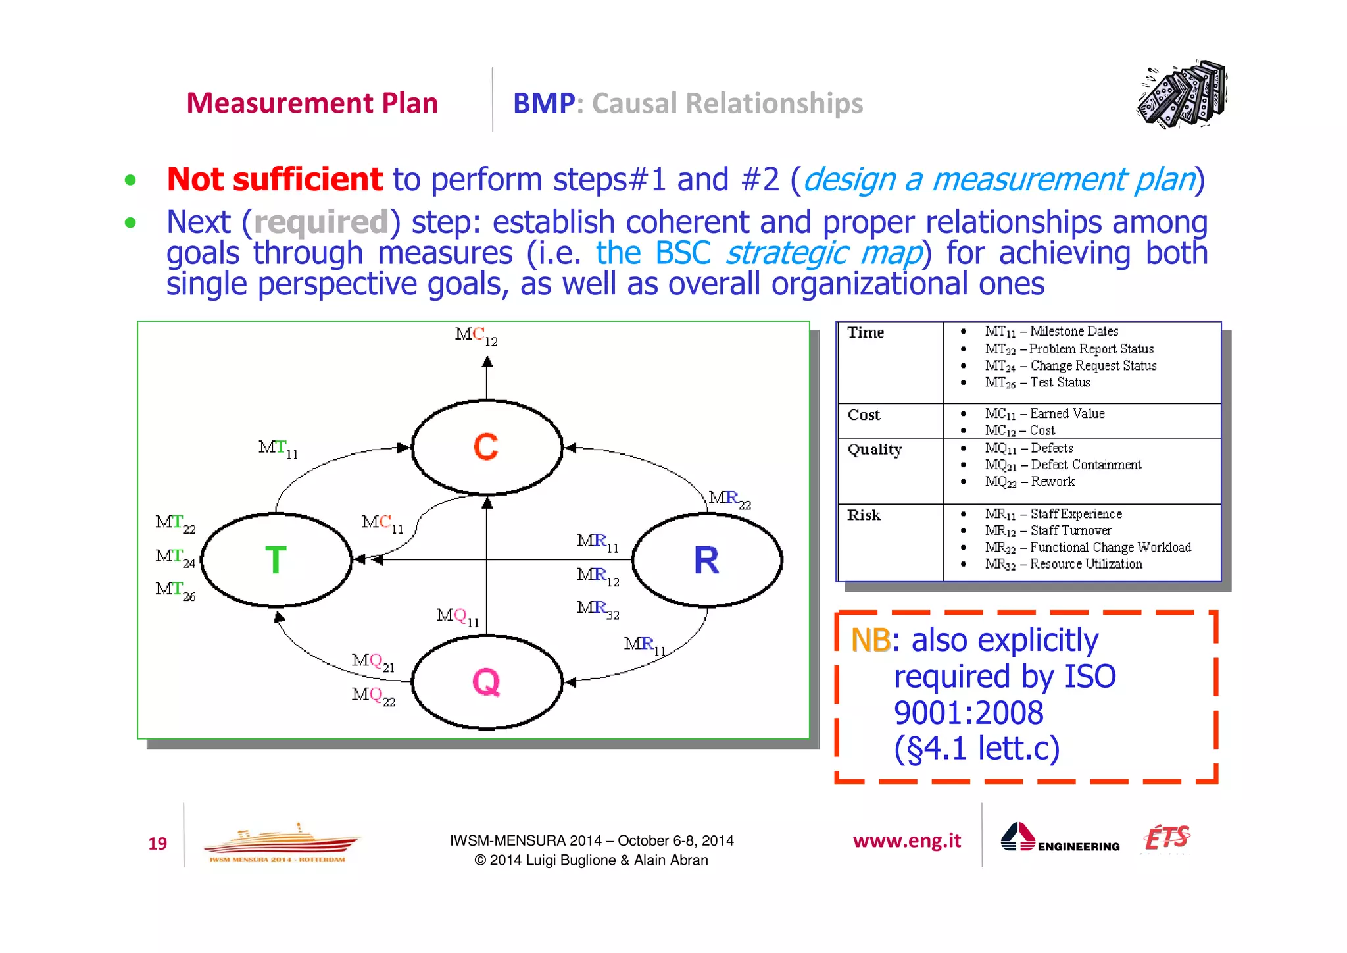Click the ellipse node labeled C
click(487, 447)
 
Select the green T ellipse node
click(276, 560)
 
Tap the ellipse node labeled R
click(706, 560)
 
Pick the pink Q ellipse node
click(487, 682)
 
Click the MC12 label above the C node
click(476, 336)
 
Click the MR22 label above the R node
click(729, 500)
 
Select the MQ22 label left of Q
click(374, 696)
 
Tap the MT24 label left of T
click(175, 557)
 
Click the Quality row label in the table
click(875, 450)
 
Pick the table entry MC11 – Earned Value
click(1044, 414)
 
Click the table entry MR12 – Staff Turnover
click(1048, 531)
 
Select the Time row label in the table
click(866, 333)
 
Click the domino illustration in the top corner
click(1182, 95)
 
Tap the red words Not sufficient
click(274, 180)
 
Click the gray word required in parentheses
click(321, 222)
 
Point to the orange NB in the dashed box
click(870, 640)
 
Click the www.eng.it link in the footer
click(906, 841)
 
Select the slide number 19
click(158, 844)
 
